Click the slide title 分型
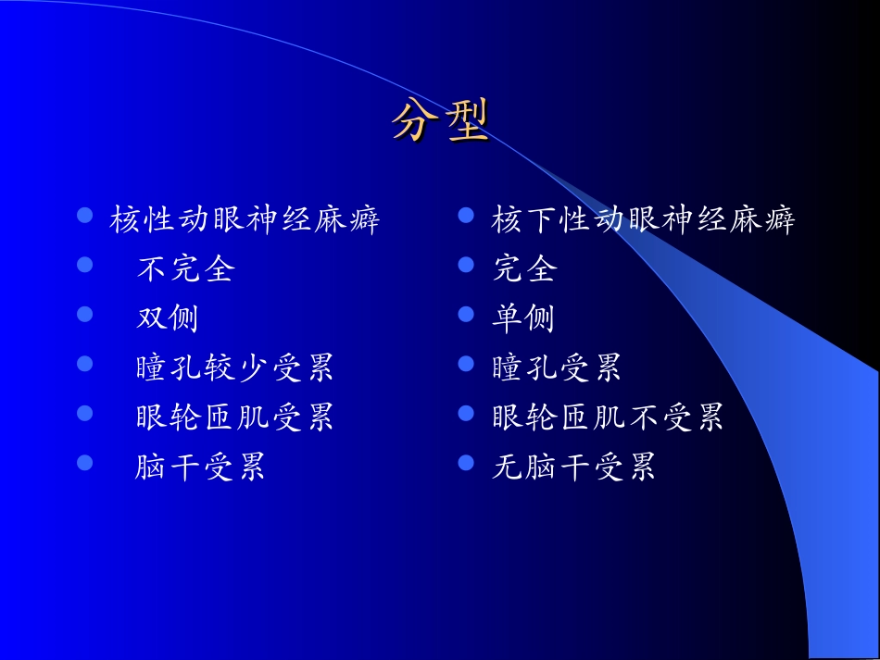coord(439,121)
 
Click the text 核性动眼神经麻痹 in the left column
coord(245,220)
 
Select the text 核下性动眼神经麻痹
coord(643,220)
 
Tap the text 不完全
coord(185,269)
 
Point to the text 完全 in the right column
coord(524,269)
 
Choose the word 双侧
coord(168,318)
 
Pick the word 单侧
coord(523,318)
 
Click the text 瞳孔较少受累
coord(234,368)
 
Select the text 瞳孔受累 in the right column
coord(557,368)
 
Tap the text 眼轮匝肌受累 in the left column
coord(234,417)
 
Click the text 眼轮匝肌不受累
coord(608,417)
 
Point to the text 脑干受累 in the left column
coord(200,467)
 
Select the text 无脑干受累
coord(573,467)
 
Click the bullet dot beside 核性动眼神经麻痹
coord(85,216)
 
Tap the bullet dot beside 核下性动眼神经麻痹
coord(467,216)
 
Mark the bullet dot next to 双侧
coord(85,315)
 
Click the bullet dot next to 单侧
coord(467,315)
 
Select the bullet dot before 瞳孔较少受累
coord(85,364)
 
